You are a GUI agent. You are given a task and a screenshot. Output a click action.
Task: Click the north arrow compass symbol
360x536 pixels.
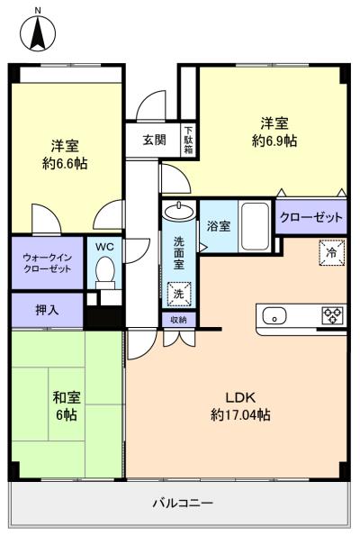coord(38,34)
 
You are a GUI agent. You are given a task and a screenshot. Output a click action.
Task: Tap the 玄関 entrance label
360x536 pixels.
coord(155,140)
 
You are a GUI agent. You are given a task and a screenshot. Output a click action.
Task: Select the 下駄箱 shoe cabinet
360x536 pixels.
coord(188,140)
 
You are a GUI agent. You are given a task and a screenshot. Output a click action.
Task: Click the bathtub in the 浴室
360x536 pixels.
coord(255,226)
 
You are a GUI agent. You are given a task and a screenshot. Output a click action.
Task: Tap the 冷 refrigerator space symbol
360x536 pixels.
coord(332,252)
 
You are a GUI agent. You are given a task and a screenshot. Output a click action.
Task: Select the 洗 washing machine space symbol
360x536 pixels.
coord(179,294)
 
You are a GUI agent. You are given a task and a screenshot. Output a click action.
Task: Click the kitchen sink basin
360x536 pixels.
coord(274,315)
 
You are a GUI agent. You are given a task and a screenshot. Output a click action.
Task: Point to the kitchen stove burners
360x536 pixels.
coord(332,315)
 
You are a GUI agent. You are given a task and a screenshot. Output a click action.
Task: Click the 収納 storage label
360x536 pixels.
coord(178,320)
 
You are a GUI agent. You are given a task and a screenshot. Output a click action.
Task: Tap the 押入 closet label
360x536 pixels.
coord(47,310)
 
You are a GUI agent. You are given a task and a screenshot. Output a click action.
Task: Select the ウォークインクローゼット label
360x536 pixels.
coord(47,262)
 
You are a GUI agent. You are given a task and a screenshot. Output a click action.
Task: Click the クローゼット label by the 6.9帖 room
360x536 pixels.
coord(310,217)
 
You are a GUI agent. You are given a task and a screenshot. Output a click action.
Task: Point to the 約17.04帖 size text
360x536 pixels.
coord(240,415)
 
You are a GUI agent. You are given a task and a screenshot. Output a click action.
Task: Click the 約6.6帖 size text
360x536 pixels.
coord(65,163)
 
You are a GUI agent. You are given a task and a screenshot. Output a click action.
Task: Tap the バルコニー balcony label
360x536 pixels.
coord(183,503)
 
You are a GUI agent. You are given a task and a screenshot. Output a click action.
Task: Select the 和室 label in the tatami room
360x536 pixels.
coord(67,397)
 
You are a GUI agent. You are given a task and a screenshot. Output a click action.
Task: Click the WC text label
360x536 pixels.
coord(104,247)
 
